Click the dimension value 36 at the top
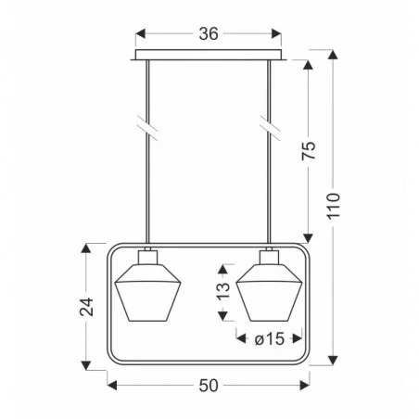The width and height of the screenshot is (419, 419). [208, 34]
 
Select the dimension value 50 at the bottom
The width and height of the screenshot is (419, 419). [209, 384]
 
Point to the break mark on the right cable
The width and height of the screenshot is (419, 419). [269, 123]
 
